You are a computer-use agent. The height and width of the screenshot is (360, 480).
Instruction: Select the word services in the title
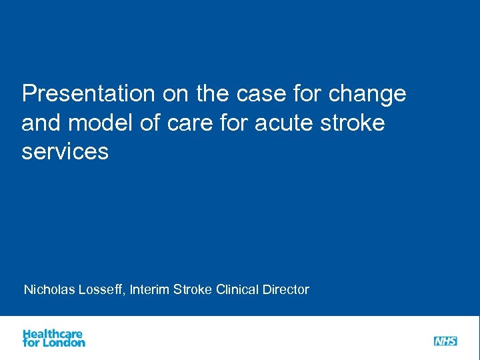coord(65,152)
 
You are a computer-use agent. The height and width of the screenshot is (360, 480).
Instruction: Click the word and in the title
coord(41,123)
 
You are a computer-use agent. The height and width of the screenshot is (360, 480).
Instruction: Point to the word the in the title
coord(212,94)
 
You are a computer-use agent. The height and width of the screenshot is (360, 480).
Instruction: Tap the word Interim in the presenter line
coord(150,289)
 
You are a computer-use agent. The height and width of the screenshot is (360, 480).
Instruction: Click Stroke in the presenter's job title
coord(193,289)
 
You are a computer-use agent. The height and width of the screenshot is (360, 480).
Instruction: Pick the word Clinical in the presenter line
coord(238,289)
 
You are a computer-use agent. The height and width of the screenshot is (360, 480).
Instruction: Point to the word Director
coord(286,289)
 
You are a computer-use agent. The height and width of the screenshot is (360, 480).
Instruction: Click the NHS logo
coord(445,341)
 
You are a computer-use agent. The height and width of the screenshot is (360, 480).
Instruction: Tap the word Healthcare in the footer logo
coord(53,333)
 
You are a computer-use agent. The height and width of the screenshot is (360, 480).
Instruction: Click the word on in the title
coord(175,94)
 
